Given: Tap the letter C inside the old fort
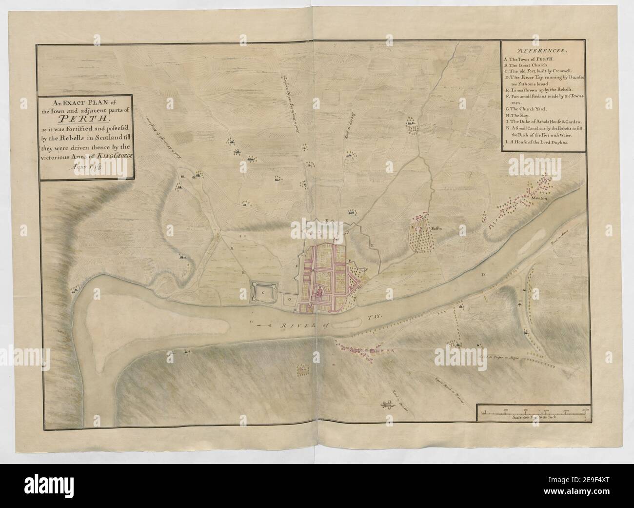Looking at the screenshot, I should click(x=263, y=293).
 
